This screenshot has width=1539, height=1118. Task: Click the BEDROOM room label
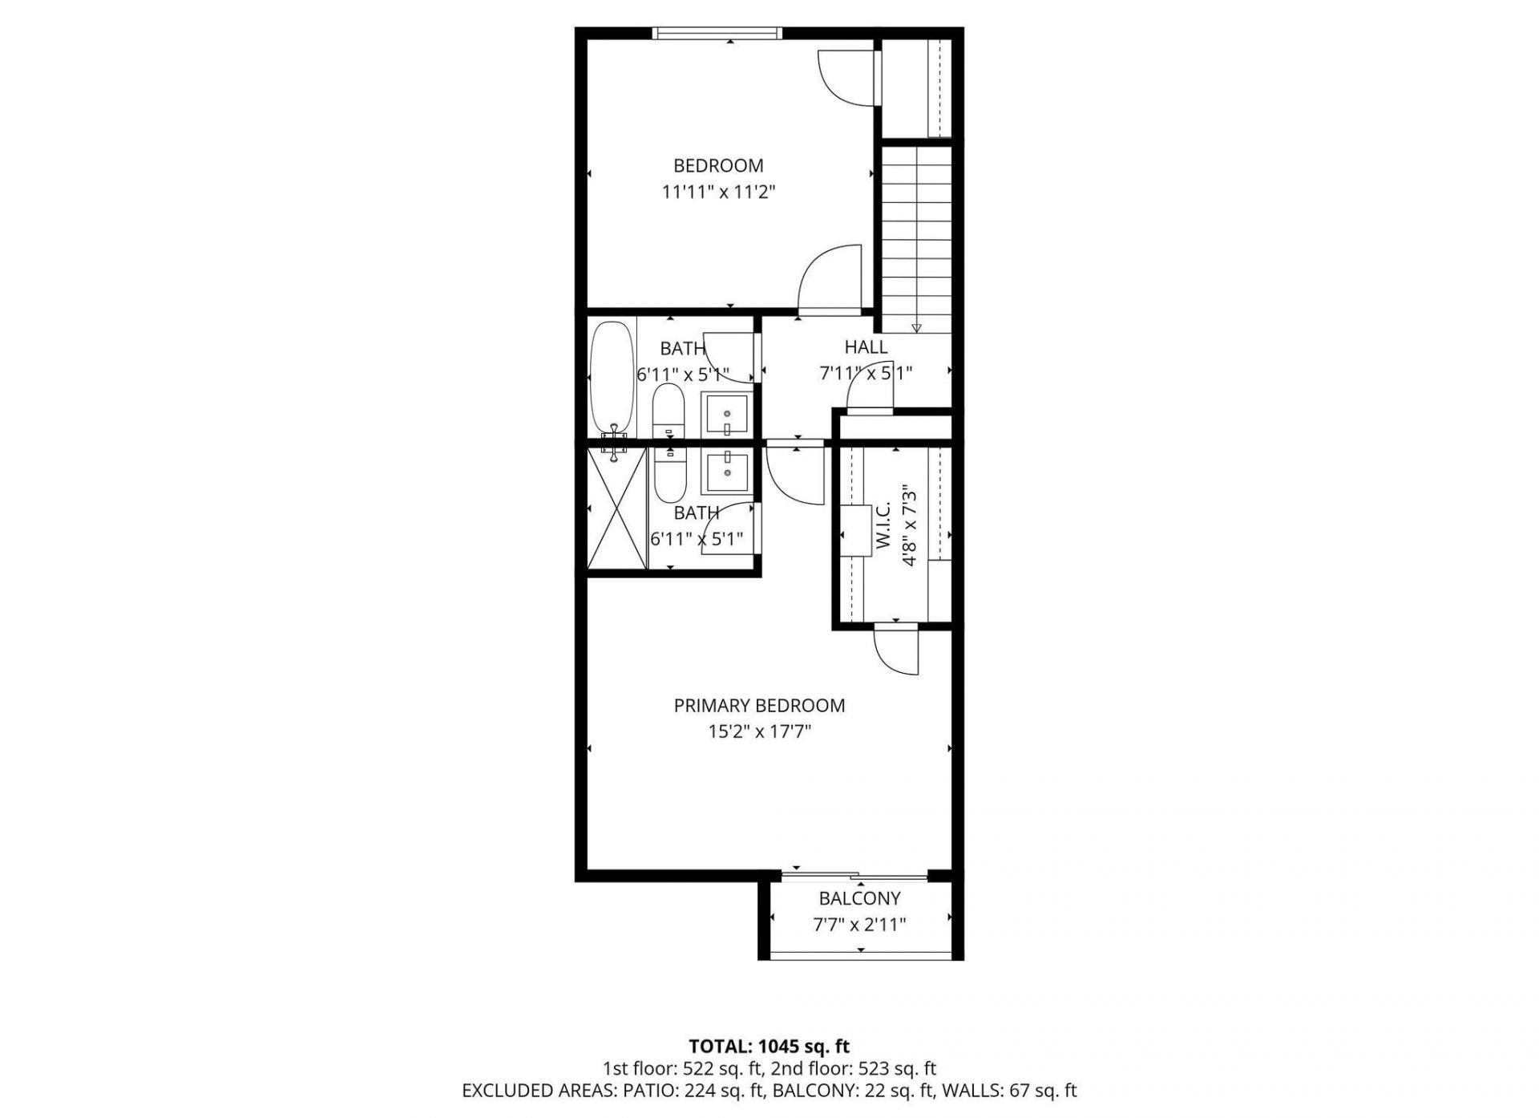[717, 166]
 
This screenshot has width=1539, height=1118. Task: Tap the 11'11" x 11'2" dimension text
[717, 192]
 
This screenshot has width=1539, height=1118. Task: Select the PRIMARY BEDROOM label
[758, 706]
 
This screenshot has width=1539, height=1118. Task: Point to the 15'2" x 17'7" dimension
[758, 732]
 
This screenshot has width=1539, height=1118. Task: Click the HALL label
[866, 347]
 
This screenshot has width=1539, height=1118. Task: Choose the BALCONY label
[859, 898]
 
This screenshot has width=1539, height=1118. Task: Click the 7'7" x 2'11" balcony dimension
[859, 925]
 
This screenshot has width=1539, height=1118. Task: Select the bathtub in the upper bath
[612, 379]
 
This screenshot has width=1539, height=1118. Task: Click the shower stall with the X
[616, 508]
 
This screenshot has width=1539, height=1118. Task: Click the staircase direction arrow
[916, 327]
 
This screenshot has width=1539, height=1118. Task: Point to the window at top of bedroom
[716, 33]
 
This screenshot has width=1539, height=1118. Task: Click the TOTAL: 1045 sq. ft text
[769, 1047]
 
